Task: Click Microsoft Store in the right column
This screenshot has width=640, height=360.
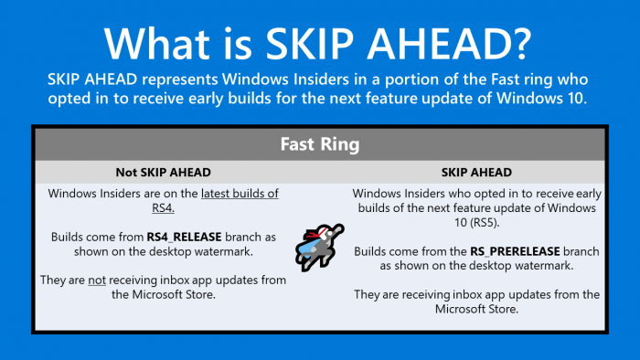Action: click(x=475, y=310)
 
